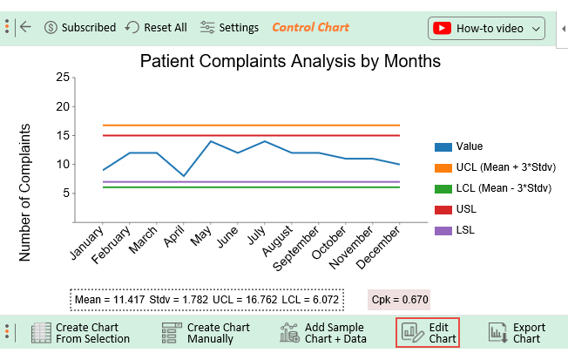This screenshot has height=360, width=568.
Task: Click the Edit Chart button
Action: tap(428, 333)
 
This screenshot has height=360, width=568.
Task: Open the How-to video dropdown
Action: tap(486, 28)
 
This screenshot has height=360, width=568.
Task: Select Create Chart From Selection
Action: tap(80, 333)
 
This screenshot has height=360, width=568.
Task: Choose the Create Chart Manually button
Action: tap(206, 333)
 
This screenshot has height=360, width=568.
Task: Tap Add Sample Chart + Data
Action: tap(323, 333)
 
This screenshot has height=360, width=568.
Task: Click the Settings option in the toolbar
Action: tap(229, 27)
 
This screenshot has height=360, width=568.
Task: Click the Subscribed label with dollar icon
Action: tap(79, 27)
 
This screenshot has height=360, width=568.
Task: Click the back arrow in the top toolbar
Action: tap(25, 27)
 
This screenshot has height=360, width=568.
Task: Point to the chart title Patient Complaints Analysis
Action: tap(290, 61)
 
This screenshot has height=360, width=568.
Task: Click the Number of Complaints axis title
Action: tap(25, 192)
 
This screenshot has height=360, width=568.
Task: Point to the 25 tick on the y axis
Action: tap(62, 78)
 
